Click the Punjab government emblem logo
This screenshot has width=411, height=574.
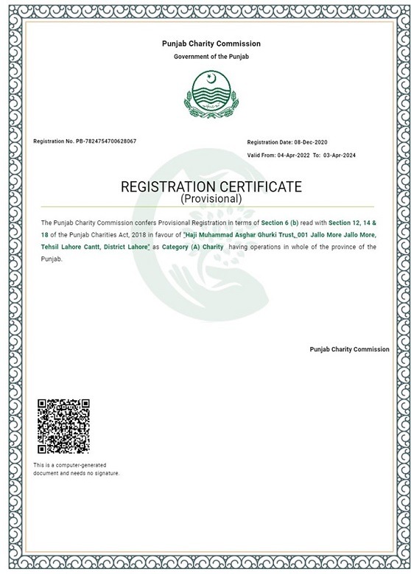tap(211, 94)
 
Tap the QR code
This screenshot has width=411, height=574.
tap(63, 427)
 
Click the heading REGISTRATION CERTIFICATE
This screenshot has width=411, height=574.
tap(211, 186)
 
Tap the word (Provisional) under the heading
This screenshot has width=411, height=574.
tap(211, 199)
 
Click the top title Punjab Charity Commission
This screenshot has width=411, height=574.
tap(211, 44)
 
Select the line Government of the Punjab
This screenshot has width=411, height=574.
tap(211, 57)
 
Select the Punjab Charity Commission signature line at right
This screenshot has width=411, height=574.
tap(349, 349)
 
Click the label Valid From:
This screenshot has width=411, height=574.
tap(262, 156)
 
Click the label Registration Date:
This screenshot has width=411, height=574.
tap(270, 141)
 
